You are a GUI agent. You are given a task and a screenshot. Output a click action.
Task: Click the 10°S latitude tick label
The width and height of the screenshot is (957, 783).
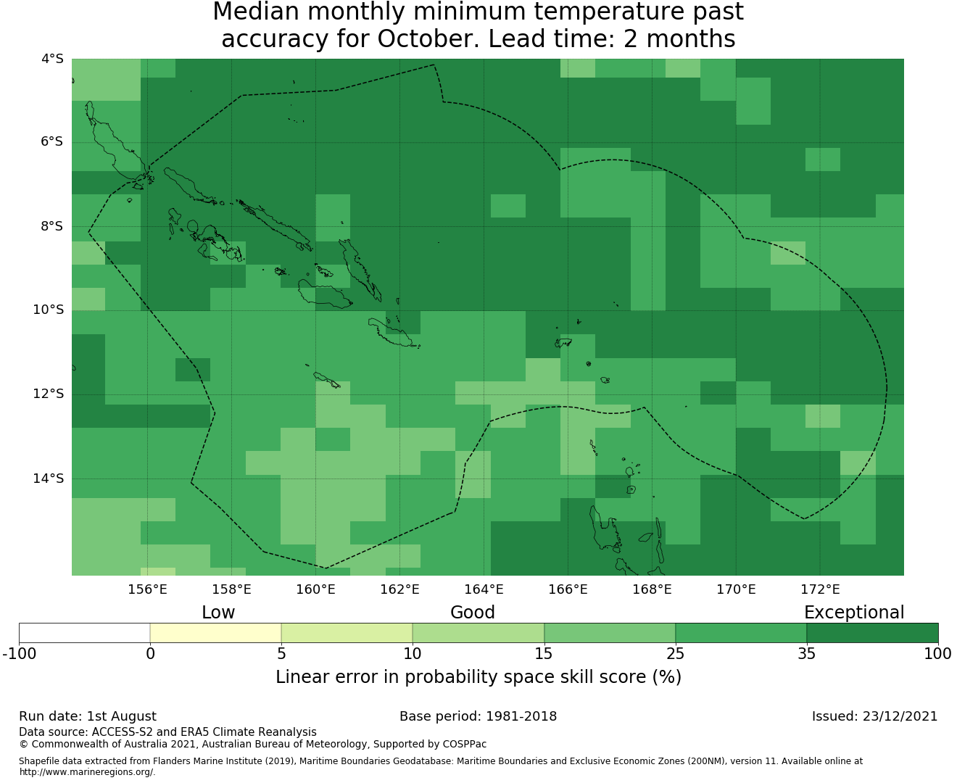click(48, 310)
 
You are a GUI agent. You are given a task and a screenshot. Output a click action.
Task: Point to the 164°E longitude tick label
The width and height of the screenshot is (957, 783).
click(484, 589)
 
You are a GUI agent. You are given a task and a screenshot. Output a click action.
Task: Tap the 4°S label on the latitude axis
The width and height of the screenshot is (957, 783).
click(52, 59)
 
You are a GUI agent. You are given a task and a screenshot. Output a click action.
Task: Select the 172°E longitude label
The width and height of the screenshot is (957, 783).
click(820, 589)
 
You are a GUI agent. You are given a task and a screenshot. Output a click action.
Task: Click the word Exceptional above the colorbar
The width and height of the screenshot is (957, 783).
click(854, 613)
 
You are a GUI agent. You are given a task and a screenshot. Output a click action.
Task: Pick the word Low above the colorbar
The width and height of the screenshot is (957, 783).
click(218, 613)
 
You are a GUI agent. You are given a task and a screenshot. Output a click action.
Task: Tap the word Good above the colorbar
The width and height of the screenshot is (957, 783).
click(473, 613)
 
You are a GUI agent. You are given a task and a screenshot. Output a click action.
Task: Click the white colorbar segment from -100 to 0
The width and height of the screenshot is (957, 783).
click(84, 633)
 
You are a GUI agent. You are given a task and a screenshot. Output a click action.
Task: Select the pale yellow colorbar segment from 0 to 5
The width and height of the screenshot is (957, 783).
click(215, 633)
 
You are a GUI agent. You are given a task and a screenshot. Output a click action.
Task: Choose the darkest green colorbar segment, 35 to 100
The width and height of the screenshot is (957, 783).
click(872, 633)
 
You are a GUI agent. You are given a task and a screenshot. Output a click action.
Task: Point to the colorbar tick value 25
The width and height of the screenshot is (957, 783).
click(675, 654)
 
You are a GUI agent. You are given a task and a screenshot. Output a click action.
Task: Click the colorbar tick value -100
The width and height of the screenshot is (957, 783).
click(19, 654)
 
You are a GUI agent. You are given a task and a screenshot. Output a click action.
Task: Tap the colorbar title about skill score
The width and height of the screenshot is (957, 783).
click(478, 676)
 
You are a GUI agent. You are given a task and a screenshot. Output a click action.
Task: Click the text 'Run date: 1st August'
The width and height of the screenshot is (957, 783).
click(88, 716)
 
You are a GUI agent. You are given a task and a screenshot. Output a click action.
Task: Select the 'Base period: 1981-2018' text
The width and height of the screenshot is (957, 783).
click(478, 716)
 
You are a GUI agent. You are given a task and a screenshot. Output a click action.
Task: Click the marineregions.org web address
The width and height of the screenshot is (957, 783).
click(87, 772)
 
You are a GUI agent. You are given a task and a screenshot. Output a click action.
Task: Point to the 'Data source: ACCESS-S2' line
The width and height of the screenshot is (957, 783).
click(167, 732)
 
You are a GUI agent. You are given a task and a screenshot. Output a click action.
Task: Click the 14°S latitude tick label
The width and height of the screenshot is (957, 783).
click(48, 478)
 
